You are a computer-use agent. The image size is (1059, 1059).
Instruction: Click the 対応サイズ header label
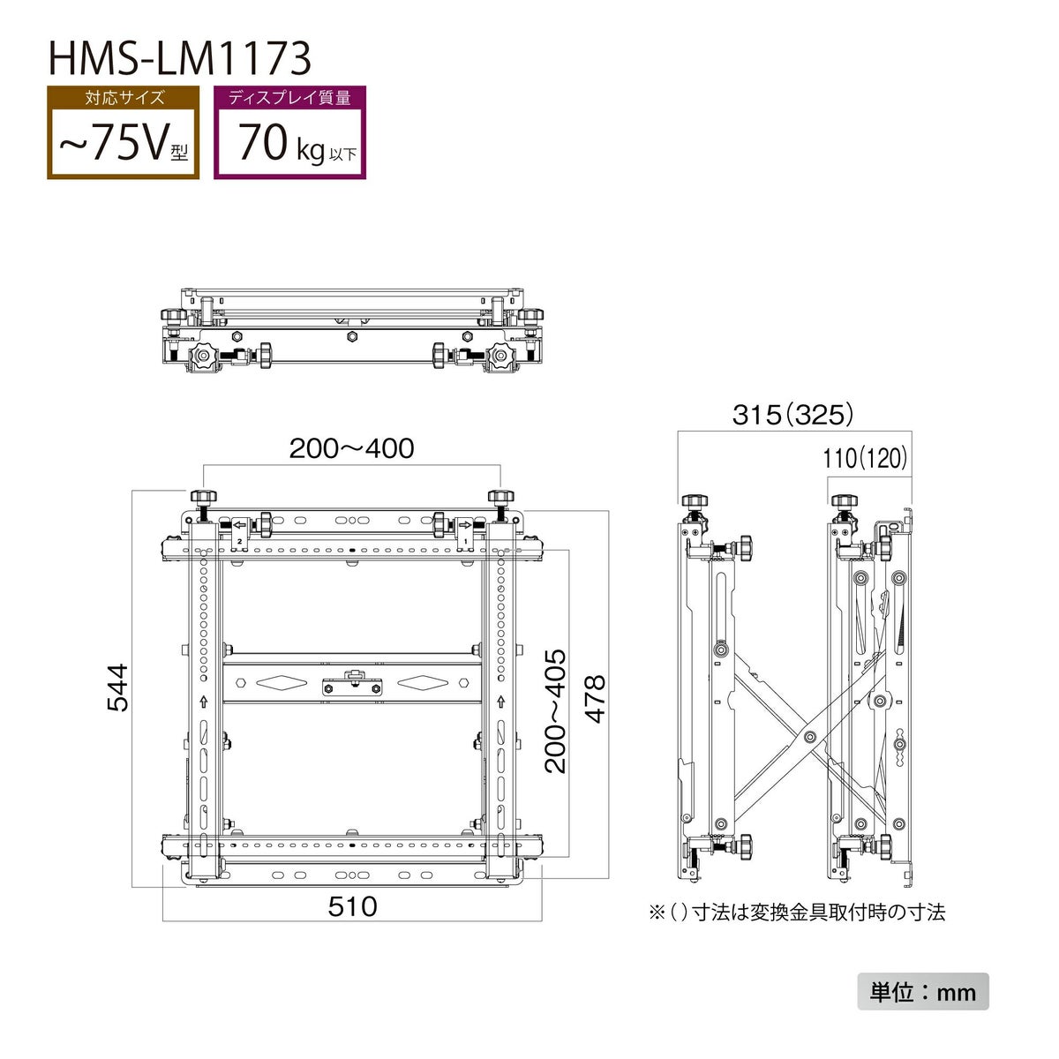click(x=124, y=98)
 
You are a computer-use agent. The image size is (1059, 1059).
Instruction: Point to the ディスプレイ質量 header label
click(x=290, y=98)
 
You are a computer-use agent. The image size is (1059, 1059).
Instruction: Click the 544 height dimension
click(x=117, y=687)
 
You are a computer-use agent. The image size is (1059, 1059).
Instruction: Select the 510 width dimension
click(x=352, y=906)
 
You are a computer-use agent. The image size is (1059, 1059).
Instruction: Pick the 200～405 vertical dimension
click(x=555, y=711)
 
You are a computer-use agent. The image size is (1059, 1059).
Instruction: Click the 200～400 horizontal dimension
click(x=352, y=448)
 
